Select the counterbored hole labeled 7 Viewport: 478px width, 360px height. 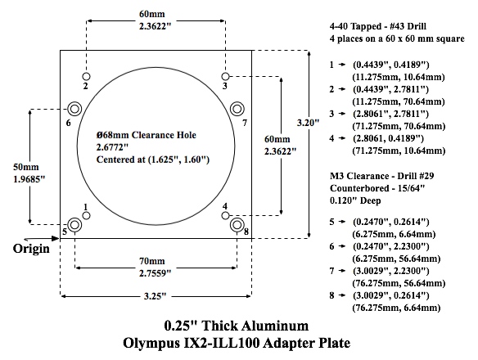tap(237, 109)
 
